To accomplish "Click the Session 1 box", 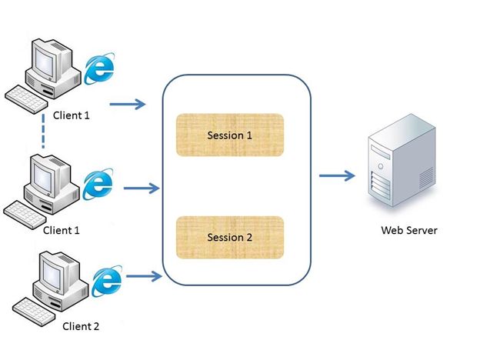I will tap(230, 135).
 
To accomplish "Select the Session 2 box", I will tap(230, 237).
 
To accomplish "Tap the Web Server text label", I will tap(409, 230).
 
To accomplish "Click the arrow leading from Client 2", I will tap(144, 275).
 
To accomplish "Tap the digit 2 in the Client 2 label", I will tap(96, 325).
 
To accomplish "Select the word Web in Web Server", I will tap(392, 230).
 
